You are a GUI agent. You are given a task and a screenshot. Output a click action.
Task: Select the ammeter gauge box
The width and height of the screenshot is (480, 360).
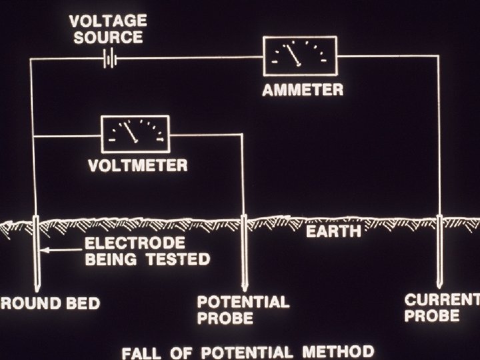click(x=300, y=56)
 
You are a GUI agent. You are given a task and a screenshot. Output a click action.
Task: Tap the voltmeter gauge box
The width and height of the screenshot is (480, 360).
click(x=135, y=133)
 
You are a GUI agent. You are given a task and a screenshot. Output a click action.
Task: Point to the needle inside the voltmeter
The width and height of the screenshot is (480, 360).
click(x=132, y=132)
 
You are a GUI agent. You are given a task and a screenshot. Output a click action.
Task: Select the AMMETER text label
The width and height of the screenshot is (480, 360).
click(x=302, y=90)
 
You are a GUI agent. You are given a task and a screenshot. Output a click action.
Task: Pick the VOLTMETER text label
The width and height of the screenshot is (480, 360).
click(x=139, y=165)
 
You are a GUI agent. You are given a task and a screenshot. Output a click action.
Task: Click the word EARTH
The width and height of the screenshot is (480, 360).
click(x=333, y=231)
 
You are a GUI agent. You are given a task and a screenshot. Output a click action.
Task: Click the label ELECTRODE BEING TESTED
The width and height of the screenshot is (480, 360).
click(x=147, y=250)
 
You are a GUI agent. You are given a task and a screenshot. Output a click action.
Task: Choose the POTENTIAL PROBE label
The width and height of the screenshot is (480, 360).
click(x=243, y=310)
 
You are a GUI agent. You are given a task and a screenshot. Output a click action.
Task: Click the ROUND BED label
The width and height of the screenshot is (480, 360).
click(x=50, y=304)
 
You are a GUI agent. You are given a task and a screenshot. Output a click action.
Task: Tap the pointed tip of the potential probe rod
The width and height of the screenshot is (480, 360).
click(x=245, y=287)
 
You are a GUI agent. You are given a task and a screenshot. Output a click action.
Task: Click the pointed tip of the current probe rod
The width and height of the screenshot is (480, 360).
click(x=439, y=287)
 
